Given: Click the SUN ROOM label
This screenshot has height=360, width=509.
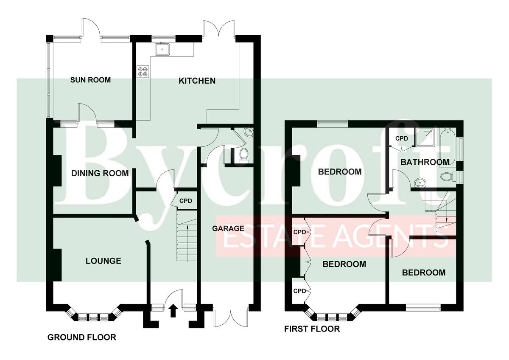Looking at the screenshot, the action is (90, 80).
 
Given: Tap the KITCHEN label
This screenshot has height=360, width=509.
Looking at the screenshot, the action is (197, 81).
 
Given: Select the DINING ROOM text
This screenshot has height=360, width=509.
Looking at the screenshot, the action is (100, 173).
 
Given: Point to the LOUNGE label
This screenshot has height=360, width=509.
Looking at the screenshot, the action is (103, 261).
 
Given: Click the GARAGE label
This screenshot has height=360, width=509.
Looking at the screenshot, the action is (228, 228).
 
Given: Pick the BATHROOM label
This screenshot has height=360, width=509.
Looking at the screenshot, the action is (425, 162).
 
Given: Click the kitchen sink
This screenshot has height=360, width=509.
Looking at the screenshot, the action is (162, 49).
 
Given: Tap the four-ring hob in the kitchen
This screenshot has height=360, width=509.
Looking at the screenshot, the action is (143, 72).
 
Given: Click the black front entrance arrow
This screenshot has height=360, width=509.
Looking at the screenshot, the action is (173, 311).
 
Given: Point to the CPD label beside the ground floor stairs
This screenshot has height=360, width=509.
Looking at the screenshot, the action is (186, 201).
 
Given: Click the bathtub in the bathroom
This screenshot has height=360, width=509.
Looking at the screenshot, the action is (447, 148).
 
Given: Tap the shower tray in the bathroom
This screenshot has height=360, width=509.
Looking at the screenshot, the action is (425, 137).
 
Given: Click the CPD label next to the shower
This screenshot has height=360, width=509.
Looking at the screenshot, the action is (402, 138).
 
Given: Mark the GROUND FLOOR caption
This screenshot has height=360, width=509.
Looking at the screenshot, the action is (82, 337).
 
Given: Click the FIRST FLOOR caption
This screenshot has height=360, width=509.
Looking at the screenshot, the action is (312, 329).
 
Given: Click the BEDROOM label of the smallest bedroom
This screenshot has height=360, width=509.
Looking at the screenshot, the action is (424, 273).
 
